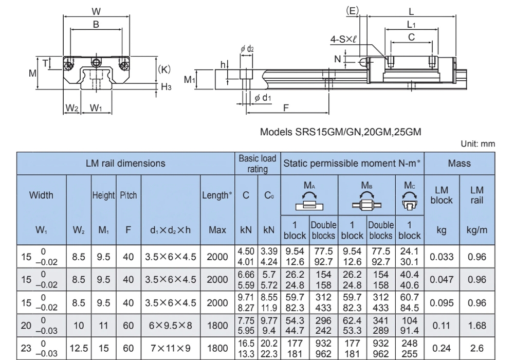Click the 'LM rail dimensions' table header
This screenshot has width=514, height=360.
click(125, 164)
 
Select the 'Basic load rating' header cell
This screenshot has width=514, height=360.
click(258, 164)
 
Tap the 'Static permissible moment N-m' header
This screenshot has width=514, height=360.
click(353, 164)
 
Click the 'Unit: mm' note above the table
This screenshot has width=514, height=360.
click(480, 145)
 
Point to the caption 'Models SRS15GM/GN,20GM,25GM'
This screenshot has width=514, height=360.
click(341, 132)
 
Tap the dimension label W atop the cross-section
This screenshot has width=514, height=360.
click(96, 11)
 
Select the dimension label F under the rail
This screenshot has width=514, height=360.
click(286, 107)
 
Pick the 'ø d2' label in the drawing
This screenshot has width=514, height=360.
click(247, 49)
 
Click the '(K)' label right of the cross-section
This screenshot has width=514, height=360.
click(164, 69)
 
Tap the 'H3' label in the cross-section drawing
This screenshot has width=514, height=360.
click(166, 87)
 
